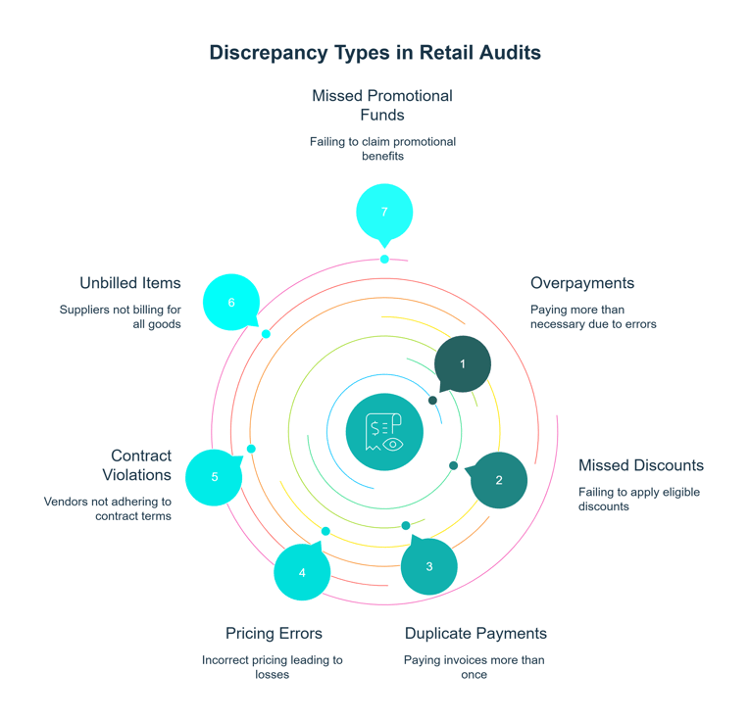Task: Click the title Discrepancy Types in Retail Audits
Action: [x=375, y=53]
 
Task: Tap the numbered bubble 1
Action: [x=463, y=363]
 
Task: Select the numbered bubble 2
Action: [x=499, y=480]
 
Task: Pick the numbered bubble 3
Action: [x=429, y=566]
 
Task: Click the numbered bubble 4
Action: [x=302, y=572]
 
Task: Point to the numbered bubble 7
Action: [x=384, y=212]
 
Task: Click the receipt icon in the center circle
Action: [x=384, y=432]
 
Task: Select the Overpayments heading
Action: [x=582, y=283]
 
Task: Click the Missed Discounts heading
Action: [x=640, y=465]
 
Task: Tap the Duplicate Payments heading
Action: [x=475, y=633]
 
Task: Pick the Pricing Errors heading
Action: [x=274, y=633]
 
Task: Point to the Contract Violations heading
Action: [x=137, y=465]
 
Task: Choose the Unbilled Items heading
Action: [x=130, y=283]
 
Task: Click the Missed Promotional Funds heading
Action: [x=382, y=105]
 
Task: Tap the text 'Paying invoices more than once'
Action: [x=475, y=667]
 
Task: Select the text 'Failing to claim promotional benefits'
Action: [x=382, y=149]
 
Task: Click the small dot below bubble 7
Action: [x=384, y=260]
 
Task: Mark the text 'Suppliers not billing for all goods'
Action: [x=121, y=316]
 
